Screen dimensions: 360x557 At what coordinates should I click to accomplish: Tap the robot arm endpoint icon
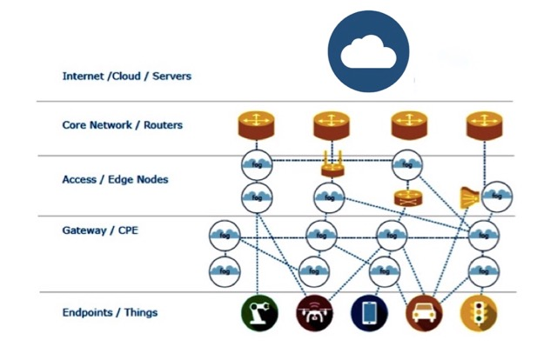258,313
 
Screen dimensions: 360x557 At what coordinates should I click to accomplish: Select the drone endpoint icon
314,313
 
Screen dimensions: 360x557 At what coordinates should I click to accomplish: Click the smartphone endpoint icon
369,313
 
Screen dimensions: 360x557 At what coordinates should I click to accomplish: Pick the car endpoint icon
424,313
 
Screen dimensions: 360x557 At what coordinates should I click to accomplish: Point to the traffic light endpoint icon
480,313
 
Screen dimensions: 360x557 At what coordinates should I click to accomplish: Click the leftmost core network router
257,126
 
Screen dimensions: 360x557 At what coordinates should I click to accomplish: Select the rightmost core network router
485,126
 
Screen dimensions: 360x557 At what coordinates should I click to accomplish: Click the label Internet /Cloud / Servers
126,76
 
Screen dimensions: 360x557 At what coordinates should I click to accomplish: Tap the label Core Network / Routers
123,125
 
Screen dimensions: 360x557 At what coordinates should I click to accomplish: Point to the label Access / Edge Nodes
115,179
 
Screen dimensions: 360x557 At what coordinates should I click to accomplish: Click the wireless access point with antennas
331,168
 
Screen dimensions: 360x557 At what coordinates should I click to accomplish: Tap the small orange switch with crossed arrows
404,197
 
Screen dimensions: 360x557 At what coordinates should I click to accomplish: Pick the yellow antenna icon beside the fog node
468,197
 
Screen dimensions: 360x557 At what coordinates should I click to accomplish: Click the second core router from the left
332,126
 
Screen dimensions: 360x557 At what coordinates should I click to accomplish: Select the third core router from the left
408,126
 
